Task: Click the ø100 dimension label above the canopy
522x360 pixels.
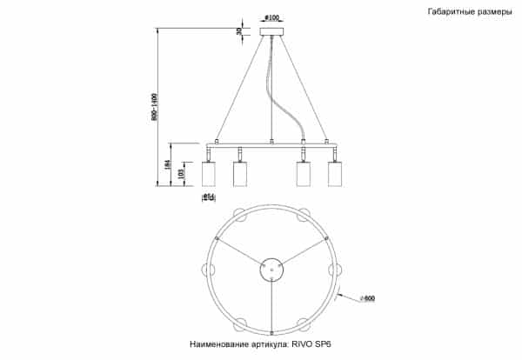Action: tap(271, 17)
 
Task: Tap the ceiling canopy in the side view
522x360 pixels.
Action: tap(272, 33)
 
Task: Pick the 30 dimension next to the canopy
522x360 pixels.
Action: tap(239, 32)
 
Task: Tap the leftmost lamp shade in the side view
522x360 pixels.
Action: tap(208, 173)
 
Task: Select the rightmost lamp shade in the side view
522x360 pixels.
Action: tap(335, 173)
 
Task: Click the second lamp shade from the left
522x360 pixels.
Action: tap(240, 173)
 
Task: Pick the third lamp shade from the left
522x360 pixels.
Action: tap(304, 173)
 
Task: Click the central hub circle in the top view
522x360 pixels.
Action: tap(272, 270)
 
